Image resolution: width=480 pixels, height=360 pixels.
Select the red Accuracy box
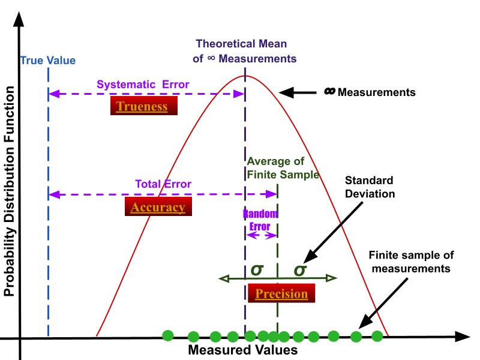click(x=158, y=208)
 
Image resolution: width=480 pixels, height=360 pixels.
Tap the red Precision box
click(x=281, y=294)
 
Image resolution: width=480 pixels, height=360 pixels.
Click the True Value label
click(x=48, y=61)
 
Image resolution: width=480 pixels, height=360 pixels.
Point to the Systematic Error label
click(x=143, y=85)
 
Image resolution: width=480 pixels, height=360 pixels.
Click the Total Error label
click(x=163, y=184)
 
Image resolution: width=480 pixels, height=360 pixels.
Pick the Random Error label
click(x=260, y=220)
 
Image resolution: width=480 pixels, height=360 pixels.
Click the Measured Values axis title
click(x=242, y=350)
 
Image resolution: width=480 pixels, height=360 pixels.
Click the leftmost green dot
click(x=169, y=335)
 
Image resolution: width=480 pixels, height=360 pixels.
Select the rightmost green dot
click(x=377, y=336)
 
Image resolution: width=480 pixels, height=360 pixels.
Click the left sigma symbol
click(x=257, y=269)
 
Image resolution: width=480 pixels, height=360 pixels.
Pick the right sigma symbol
click(x=300, y=270)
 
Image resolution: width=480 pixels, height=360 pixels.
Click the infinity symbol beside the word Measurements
click(x=329, y=92)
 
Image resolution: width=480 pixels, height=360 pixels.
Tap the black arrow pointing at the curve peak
click(x=296, y=92)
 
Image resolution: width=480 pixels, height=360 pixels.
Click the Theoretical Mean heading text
click(x=245, y=51)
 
